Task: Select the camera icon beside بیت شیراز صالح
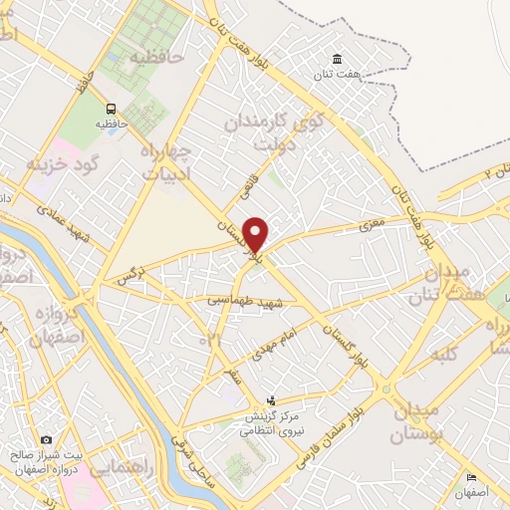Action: click(x=46, y=439)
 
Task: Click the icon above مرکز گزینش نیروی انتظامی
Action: click(x=270, y=399)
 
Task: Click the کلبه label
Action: click(x=443, y=354)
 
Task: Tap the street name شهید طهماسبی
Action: click(x=245, y=300)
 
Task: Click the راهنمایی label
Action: click(x=119, y=467)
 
